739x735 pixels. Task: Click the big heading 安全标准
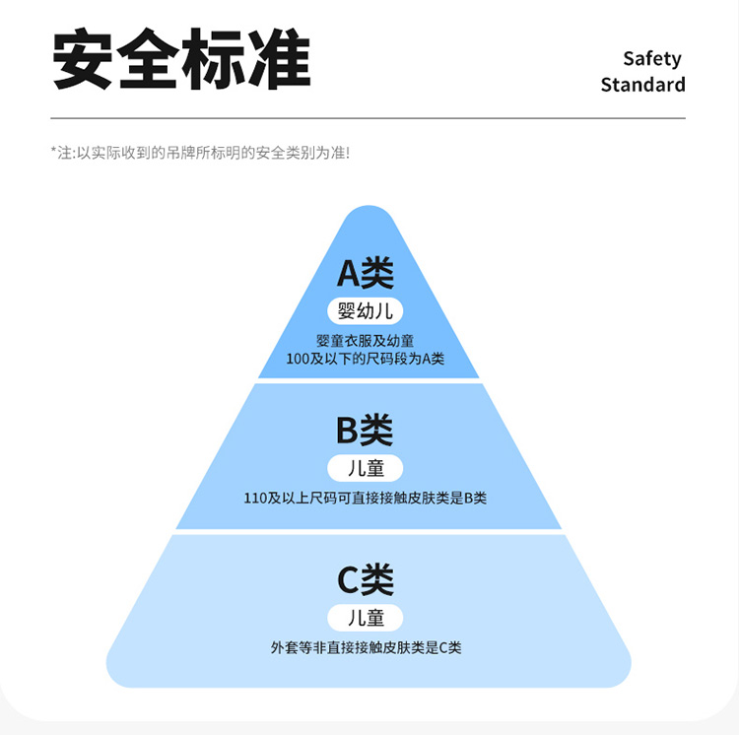click(x=181, y=61)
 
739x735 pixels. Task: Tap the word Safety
click(x=651, y=59)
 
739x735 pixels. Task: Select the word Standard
click(x=642, y=85)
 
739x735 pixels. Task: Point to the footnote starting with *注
click(x=200, y=153)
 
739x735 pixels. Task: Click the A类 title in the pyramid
click(x=366, y=273)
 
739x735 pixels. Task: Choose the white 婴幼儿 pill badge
click(x=366, y=311)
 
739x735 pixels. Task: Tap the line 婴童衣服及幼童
click(x=366, y=341)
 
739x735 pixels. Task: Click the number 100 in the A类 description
click(x=298, y=359)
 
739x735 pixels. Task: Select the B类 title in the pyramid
click(x=366, y=430)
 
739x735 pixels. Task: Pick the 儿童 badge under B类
click(x=366, y=468)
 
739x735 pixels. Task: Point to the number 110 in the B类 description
click(x=255, y=499)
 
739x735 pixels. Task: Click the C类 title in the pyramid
click(x=366, y=579)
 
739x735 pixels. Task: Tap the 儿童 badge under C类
click(x=366, y=618)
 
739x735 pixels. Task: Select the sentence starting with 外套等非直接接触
click(x=366, y=647)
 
